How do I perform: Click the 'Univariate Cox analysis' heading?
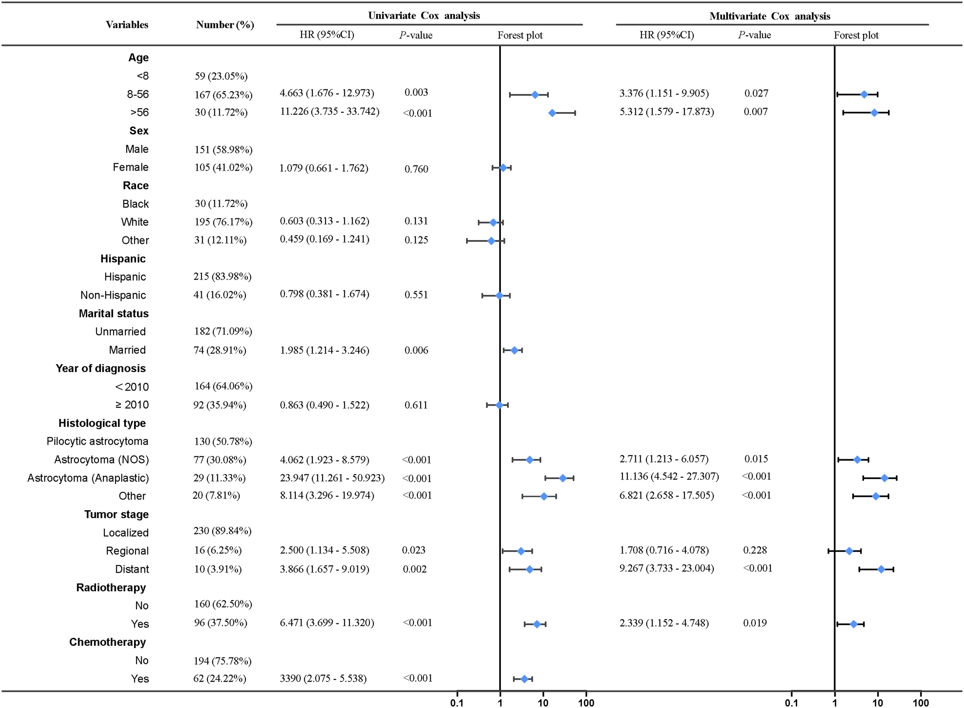424,16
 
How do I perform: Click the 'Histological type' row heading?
102,423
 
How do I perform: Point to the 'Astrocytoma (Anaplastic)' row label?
88,478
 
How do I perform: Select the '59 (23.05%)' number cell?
221,76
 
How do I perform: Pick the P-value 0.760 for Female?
416,169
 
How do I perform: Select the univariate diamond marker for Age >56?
552,113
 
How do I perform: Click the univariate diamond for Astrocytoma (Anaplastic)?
562,478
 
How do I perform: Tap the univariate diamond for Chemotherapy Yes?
524,679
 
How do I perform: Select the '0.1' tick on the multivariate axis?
791,703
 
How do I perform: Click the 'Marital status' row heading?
114,314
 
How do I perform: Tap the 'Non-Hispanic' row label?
113,295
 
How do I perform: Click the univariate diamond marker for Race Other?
491,241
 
